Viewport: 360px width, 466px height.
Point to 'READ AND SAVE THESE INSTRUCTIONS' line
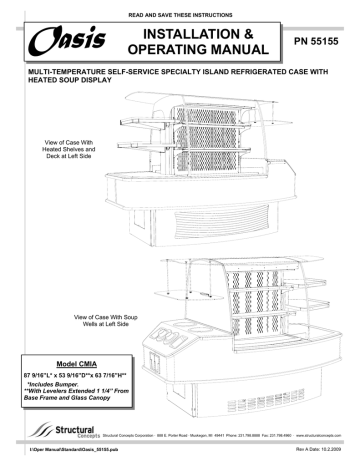pyautogui.click(x=180, y=9)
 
